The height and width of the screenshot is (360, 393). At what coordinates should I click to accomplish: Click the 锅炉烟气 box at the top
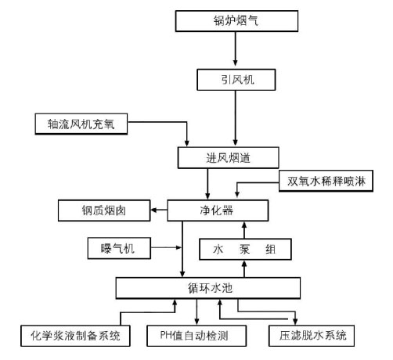[x=236, y=21]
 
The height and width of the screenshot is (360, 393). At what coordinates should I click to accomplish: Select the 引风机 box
[x=236, y=80]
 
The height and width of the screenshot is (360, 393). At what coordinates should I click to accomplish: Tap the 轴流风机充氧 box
[x=81, y=124]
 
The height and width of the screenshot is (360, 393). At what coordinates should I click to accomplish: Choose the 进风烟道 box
[x=229, y=158]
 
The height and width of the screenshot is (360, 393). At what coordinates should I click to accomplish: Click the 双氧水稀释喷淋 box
[x=326, y=181]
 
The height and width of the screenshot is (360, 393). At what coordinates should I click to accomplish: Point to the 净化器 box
[x=218, y=211]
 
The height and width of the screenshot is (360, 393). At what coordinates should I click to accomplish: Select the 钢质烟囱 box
[x=104, y=211]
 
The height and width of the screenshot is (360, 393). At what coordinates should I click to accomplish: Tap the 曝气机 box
[x=119, y=248]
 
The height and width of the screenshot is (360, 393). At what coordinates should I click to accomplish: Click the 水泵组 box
[x=245, y=249]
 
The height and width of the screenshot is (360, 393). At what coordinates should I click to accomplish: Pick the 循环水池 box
[x=208, y=288]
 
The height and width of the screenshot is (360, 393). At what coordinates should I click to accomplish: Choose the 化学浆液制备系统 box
[x=75, y=336]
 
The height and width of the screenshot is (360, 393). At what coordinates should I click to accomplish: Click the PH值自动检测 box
[x=196, y=336]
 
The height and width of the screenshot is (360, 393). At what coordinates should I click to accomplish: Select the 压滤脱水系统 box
[x=312, y=336]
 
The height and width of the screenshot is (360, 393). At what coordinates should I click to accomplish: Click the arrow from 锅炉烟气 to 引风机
[x=235, y=49]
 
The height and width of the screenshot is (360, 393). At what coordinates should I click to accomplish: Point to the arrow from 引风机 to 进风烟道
[x=235, y=118]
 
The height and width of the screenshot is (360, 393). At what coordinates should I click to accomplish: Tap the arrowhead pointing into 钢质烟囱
[x=153, y=210]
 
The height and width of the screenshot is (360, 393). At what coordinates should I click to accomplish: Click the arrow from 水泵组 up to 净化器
[x=244, y=230]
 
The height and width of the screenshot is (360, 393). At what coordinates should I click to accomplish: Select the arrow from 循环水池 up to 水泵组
[x=244, y=269]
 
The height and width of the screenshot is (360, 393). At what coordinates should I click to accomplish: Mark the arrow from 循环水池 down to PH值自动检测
[x=196, y=311]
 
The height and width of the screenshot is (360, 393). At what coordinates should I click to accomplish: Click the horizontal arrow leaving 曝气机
[x=166, y=247]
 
